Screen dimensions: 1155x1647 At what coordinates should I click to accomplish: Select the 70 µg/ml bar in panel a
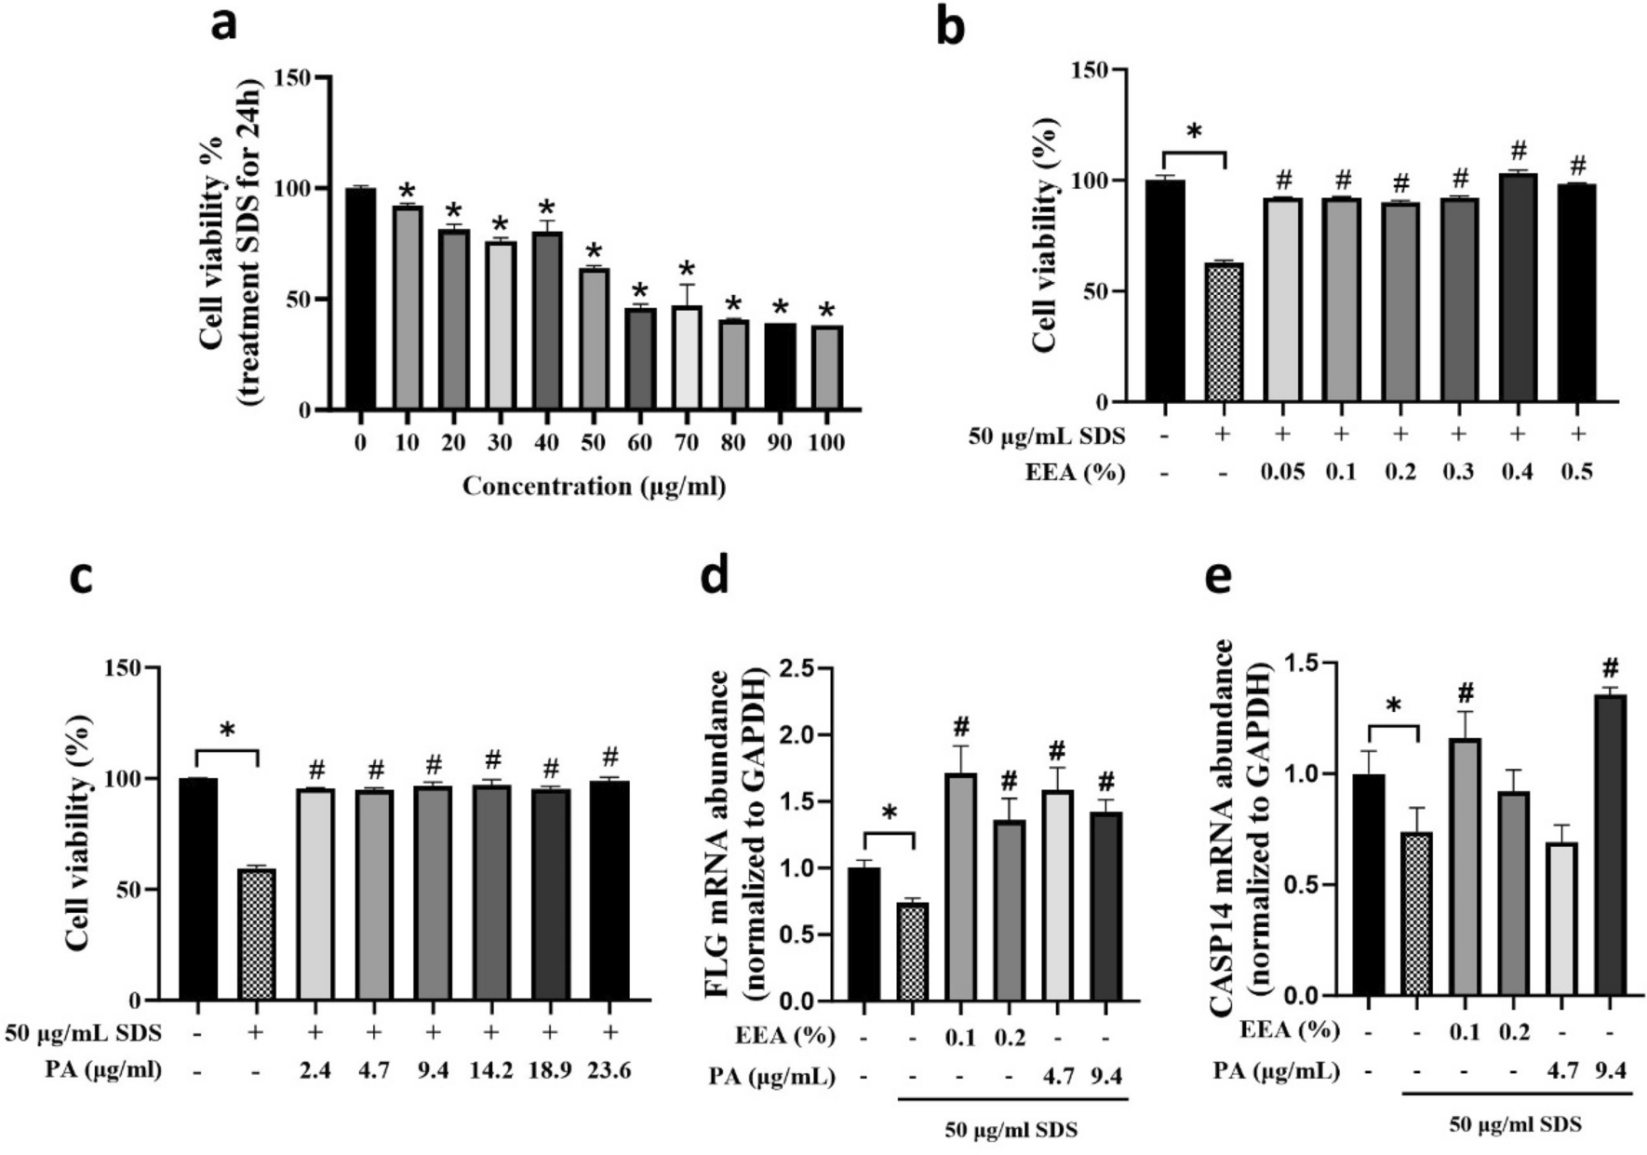[x=686, y=358]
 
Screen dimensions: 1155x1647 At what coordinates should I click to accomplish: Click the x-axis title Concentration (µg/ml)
[x=594, y=486]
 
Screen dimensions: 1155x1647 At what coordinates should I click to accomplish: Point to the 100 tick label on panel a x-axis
[x=825, y=442]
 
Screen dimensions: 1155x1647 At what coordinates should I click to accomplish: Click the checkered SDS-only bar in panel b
[x=1224, y=333]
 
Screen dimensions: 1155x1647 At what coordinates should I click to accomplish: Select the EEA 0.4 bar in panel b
[x=1519, y=289]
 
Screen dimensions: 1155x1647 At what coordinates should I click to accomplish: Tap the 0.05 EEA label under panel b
[x=1282, y=472]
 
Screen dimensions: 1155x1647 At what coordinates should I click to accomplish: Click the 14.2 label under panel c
[x=491, y=1070]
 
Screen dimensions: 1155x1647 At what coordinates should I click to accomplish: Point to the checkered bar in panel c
[x=256, y=935]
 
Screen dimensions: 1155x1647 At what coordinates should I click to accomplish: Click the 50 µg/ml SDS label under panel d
[x=1011, y=1131]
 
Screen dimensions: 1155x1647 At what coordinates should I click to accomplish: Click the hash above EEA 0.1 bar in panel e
[x=1466, y=692]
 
